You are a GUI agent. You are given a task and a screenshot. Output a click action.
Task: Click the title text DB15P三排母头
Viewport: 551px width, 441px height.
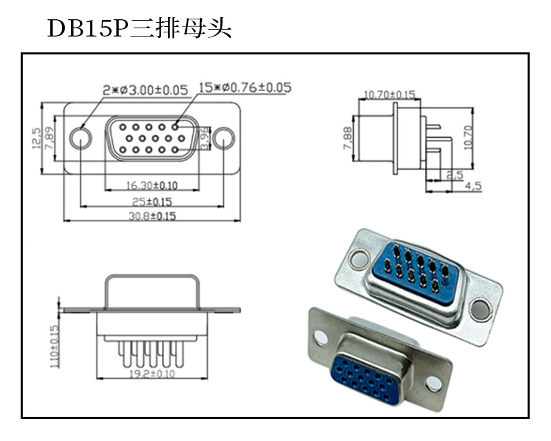tap(138, 28)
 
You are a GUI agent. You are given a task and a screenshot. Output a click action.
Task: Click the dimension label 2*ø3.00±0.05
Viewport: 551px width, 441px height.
tap(145, 90)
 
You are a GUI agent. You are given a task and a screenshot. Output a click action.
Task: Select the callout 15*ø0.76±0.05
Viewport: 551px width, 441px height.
tap(245, 88)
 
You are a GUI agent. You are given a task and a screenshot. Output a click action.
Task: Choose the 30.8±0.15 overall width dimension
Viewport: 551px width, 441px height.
tap(152, 216)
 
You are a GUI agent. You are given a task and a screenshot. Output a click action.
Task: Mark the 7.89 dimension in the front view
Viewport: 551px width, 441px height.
tap(50, 139)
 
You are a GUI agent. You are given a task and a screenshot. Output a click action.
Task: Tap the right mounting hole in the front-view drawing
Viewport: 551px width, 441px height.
tap(223, 139)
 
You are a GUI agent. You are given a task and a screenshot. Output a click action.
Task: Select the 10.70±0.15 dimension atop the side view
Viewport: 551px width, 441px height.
tap(389, 94)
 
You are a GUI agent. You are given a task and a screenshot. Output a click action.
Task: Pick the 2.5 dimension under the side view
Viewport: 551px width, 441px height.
tap(454, 175)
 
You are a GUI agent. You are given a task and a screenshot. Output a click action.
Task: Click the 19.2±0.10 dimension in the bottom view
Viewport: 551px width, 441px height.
tap(152, 374)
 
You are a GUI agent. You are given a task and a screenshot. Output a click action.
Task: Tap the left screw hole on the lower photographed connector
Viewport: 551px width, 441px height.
tap(322, 337)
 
